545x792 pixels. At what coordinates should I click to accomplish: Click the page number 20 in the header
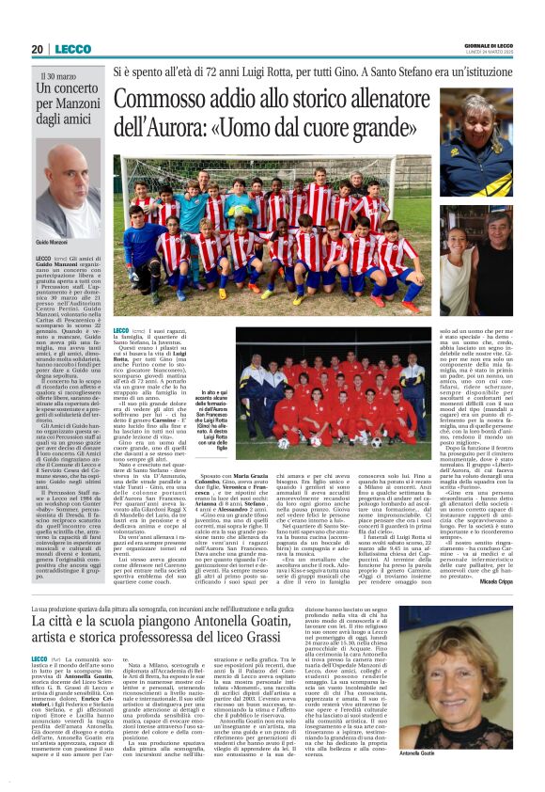[x=36, y=49]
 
